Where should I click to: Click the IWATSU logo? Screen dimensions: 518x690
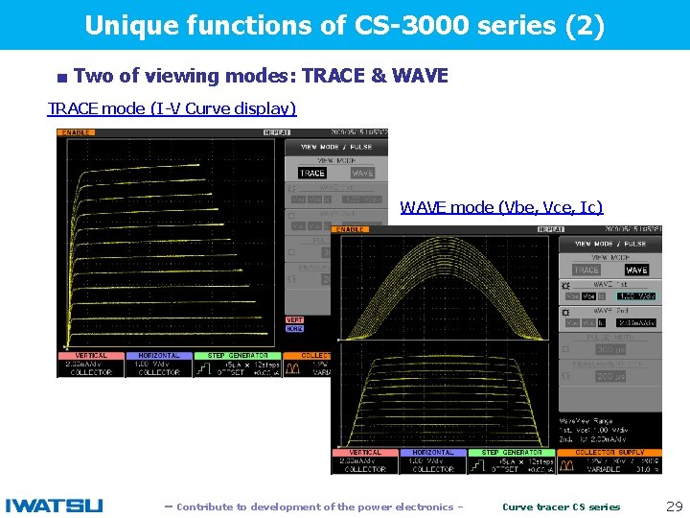point(54,506)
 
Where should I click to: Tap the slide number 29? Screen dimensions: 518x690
point(674,506)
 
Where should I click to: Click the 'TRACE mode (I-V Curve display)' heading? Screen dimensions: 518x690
point(172,108)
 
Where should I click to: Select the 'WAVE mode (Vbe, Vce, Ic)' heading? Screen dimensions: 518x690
point(501,207)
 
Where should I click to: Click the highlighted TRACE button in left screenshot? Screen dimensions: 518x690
point(312,174)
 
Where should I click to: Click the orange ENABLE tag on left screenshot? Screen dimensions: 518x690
point(77,133)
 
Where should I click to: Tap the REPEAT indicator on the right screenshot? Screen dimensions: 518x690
point(551,230)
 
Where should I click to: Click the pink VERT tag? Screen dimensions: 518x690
point(294,320)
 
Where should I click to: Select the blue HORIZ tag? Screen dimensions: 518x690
point(294,329)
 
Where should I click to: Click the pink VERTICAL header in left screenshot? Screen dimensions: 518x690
point(91,355)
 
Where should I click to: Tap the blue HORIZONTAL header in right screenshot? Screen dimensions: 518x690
point(433,452)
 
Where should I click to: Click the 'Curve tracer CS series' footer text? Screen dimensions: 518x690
point(562,506)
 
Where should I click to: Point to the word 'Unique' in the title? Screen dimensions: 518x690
point(121,26)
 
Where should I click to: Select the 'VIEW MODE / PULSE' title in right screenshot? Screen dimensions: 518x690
point(609,245)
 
